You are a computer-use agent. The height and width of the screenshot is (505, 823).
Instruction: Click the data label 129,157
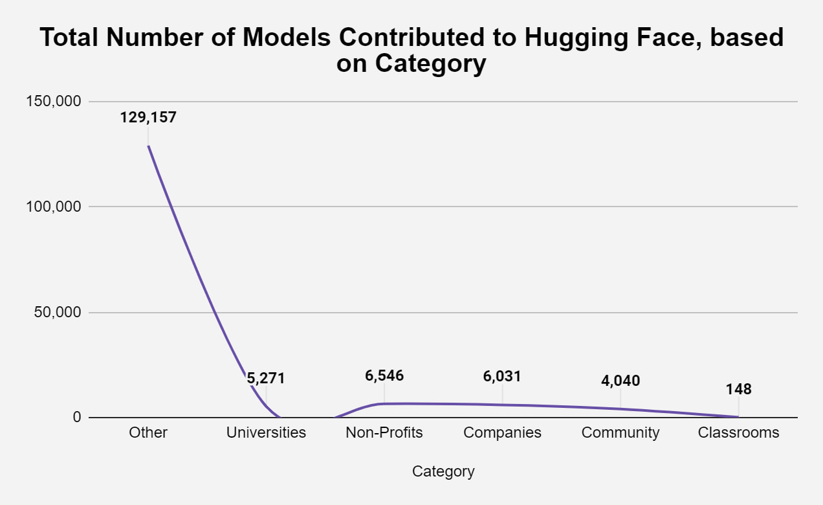click(148, 118)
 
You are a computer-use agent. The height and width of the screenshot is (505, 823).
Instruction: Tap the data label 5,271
click(266, 379)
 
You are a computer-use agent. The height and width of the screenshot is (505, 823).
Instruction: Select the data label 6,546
click(384, 376)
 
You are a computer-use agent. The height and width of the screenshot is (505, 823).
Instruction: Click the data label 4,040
click(620, 381)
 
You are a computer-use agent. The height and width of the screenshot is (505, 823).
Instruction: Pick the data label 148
click(738, 390)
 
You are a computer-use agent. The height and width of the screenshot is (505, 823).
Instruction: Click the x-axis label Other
click(148, 432)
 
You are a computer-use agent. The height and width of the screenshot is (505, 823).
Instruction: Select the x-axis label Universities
click(266, 432)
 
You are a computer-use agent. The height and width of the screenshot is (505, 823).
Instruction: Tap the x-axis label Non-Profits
click(384, 432)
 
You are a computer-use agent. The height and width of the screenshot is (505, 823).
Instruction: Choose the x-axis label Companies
click(502, 432)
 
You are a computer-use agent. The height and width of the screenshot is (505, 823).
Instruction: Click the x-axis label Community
click(620, 432)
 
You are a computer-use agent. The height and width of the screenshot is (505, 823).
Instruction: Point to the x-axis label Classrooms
click(738, 432)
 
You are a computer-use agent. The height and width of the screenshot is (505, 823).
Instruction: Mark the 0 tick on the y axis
click(77, 418)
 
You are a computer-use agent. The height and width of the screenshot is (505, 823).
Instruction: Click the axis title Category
click(443, 471)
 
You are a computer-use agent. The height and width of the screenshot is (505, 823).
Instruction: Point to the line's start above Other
click(148, 146)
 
